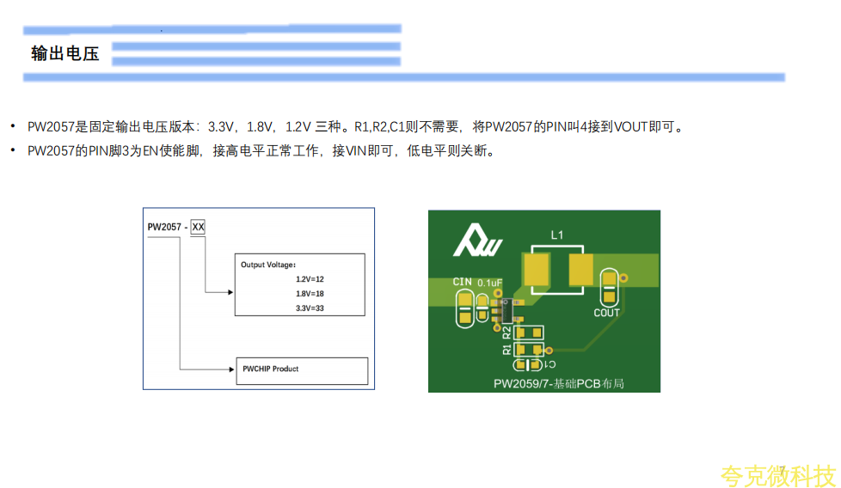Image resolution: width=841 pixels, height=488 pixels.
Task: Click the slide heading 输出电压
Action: tap(65, 54)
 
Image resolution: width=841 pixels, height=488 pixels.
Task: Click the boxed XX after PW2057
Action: tap(198, 227)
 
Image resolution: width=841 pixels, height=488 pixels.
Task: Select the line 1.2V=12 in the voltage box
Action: tap(310, 279)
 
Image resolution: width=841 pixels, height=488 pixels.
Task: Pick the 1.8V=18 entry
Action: tap(310, 294)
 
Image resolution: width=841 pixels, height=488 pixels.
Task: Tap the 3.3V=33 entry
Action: tap(310, 308)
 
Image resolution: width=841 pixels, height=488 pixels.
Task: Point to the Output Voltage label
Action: tap(267, 265)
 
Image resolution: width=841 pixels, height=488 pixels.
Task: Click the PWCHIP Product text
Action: tap(271, 369)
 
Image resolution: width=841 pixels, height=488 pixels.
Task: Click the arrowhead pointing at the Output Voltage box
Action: tap(230, 291)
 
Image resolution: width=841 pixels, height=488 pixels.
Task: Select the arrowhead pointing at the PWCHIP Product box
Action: tap(230, 369)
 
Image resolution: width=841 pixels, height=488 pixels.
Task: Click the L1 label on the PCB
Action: tap(557, 235)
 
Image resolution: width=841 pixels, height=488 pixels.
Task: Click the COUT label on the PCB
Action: tap(606, 313)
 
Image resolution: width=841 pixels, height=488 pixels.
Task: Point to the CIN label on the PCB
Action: tap(462, 282)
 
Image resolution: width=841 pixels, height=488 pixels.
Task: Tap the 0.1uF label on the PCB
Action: tap(489, 283)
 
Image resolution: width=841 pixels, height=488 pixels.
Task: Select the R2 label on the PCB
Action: tap(507, 331)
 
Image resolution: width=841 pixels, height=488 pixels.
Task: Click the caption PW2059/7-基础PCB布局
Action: tap(558, 383)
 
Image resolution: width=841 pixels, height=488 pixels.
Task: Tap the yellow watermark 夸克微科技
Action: tap(777, 474)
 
